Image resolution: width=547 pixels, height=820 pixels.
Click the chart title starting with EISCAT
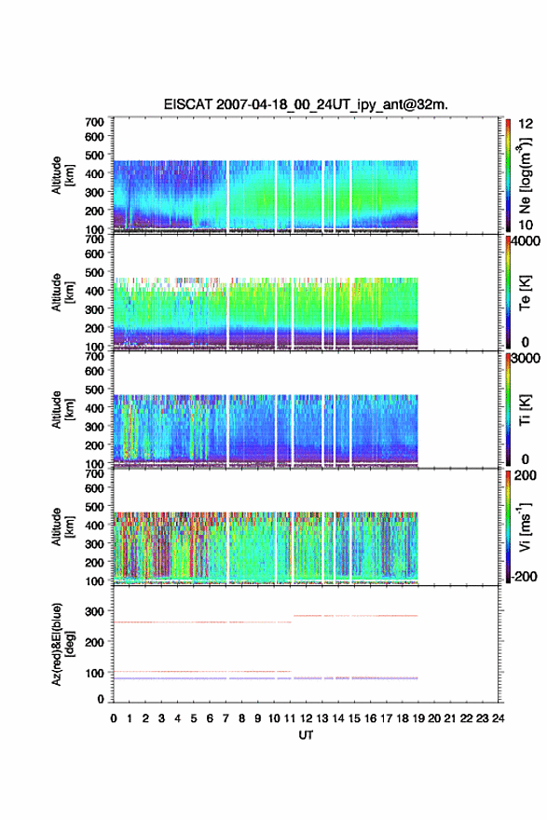click(306, 104)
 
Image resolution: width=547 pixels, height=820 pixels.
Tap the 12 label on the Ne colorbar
click(526, 124)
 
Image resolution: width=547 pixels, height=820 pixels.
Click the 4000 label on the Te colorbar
click(526, 241)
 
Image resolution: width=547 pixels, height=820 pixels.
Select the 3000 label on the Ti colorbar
click(526, 359)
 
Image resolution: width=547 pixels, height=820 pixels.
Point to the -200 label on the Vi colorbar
click(524, 576)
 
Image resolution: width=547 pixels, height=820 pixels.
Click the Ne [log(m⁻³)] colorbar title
click(525, 175)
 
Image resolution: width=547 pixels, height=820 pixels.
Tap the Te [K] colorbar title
click(525, 293)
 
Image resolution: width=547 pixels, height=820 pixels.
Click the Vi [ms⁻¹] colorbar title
click(525, 526)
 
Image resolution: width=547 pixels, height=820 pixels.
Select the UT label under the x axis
click(306, 735)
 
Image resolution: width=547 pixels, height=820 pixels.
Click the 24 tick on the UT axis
click(498, 718)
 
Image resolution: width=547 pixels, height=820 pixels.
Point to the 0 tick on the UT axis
click(114, 718)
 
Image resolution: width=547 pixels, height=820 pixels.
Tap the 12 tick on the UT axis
click(306, 718)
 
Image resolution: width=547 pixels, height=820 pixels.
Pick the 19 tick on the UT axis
click(417, 718)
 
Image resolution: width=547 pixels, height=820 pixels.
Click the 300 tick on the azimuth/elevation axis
click(94, 611)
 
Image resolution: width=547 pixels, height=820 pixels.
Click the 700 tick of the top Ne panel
click(94, 122)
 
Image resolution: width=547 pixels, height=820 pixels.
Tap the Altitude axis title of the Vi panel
click(61, 526)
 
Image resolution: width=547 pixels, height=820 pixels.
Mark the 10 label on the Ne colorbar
click(526, 225)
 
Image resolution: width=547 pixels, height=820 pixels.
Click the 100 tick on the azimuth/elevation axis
click(94, 673)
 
